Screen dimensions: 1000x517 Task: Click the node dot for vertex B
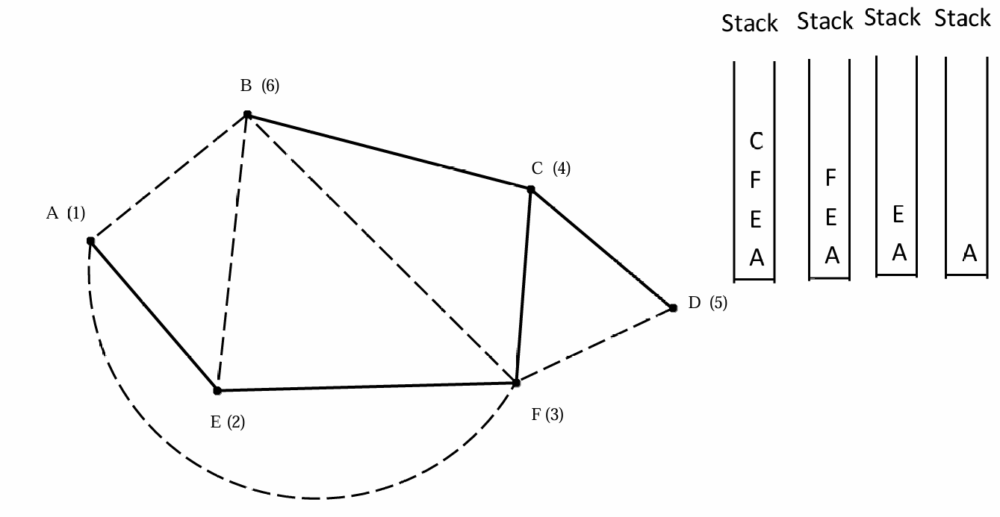pyautogui.click(x=247, y=115)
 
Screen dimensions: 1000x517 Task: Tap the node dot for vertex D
pyautogui.click(x=673, y=307)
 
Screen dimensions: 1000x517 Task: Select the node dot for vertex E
pyautogui.click(x=217, y=390)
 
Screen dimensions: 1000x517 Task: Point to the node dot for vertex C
pyautogui.click(x=531, y=189)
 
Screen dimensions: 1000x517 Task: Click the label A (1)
pyautogui.click(x=66, y=213)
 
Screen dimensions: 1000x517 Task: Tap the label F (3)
pyautogui.click(x=547, y=415)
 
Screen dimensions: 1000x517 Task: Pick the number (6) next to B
pyautogui.click(x=270, y=86)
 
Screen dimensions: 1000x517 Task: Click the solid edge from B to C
pyautogui.click(x=388, y=152)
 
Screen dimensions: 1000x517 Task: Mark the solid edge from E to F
pyautogui.click(x=366, y=386)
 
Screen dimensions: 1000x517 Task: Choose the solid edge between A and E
pyautogui.click(x=154, y=316)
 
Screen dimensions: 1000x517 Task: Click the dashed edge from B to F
pyautogui.click(x=381, y=248)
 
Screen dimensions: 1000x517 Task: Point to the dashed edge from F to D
pyautogui.click(x=594, y=345)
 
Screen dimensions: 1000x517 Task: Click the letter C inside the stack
pyautogui.click(x=757, y=140)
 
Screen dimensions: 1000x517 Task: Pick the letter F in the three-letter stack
pyautogui.click(x=830, y=178)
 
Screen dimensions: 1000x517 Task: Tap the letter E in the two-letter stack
pyautogui.click(x=898, y=215)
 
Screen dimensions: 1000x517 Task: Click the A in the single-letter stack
pyautogui.click(x=969, y=254)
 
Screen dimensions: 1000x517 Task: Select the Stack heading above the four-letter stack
pyautogui.click(x=750, y=24)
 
